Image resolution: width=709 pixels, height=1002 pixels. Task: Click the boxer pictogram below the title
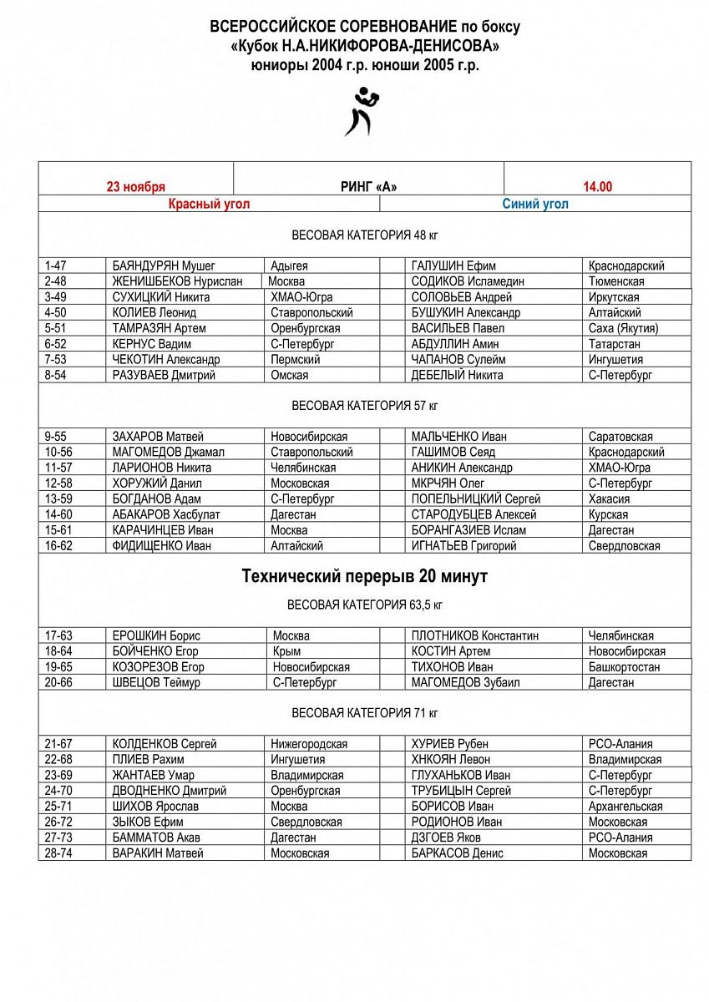pyautogui.click(x=359, y=110)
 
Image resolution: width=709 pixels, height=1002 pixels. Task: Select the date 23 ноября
pyautogui.click(x=135, y=187)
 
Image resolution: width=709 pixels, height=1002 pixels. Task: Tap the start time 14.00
pyautogui.click(x=597, y=187)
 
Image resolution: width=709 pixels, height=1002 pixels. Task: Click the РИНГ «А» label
pyautogui.click(x=368, y=187)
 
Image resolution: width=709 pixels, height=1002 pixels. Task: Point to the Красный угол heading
pyautogui.click(x=209, y=204)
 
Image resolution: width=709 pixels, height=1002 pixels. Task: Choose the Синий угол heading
pyautogui.click(x=535, y=204)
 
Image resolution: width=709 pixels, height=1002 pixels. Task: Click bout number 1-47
pyautogui.click(x=56, y=266)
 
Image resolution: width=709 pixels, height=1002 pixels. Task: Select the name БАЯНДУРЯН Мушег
pyautogui.click(x=164, y=266)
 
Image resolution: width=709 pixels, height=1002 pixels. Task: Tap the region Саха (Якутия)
pyautogui.click(x=623, y=329)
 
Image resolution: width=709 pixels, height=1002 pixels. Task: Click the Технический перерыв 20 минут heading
pyautogui.click(x=365, y=577)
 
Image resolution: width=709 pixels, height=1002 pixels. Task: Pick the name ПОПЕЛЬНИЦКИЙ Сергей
pyautogui.click(x=476, y=499)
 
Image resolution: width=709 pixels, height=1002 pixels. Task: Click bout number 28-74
pyautogui.click(x=58, y=853)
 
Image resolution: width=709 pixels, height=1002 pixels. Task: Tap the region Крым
pyautogui.click(x=286, y=651)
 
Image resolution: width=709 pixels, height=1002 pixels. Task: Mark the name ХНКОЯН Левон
pyautogui.click(x=451, y=760)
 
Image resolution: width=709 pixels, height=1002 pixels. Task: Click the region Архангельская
pyautogui.click(x=625, y=807)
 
